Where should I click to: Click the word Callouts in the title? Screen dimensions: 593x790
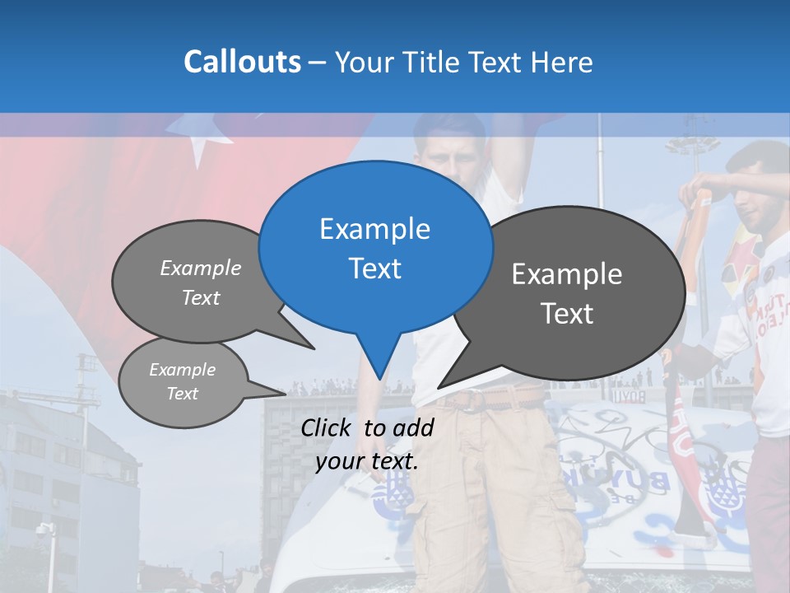(242, 62)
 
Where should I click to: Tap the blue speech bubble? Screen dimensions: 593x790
(374, 247)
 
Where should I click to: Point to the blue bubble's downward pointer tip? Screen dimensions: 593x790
(379, 378)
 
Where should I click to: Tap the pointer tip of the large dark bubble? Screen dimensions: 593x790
(439, 386)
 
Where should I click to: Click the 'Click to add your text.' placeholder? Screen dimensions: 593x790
(367, 444)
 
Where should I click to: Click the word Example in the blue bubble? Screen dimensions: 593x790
(374, 229)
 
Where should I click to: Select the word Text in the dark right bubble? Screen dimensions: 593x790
(568, 314)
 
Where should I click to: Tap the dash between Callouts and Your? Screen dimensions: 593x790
(318, 63)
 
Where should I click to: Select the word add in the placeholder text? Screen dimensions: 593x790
(413, 427)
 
